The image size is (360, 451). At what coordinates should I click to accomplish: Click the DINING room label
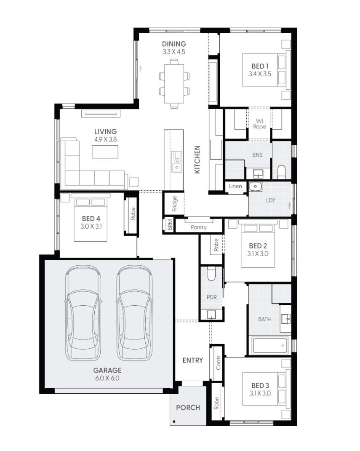coord(174,44)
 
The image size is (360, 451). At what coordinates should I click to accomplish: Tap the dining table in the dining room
coord(174,83)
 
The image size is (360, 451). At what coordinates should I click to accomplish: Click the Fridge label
coord(174,203)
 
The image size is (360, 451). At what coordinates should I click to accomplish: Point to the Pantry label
coord(198,227)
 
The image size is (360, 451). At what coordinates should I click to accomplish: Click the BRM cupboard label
coord(169,226)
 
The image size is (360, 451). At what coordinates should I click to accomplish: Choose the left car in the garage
coord(83,312)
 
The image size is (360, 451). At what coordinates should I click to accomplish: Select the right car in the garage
coord(134,312)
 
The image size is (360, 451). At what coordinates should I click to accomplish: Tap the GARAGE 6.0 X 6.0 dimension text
coord(107,378)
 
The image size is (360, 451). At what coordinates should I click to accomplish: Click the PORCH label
coord(188,408)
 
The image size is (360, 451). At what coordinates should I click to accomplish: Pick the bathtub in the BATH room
coord(269,345)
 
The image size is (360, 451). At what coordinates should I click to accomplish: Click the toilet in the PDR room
coord(212,275)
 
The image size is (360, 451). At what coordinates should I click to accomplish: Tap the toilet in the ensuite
coord(282,171)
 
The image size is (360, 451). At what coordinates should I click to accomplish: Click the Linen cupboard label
coord(235,187)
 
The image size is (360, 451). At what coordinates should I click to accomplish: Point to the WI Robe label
coord(260,124)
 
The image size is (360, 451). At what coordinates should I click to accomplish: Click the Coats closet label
coord(218,363)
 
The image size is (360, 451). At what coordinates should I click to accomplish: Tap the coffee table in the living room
coord(105,152)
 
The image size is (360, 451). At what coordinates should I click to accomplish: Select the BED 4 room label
coord(91,219)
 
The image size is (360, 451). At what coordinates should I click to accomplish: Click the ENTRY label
coord(192,360)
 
